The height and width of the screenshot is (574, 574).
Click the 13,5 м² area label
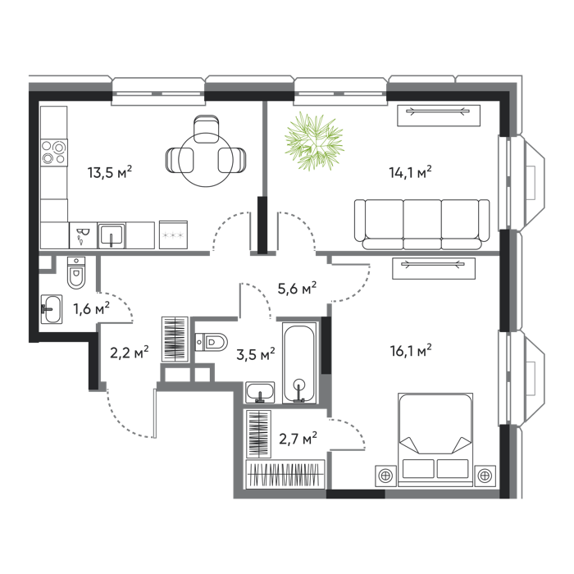[x=109, y=171]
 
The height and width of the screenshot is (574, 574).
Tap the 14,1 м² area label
[x=410, y=171]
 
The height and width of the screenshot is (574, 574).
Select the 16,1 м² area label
[x=410, y=350]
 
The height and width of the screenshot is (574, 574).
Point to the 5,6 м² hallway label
[x=297, y=289]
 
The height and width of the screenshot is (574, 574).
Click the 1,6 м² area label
[x=92, y=308]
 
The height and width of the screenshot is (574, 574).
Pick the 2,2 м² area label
[x=130, y=352]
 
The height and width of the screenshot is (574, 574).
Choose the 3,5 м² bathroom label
[x=256, y=354]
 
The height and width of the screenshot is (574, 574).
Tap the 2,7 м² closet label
[x=298, y=438]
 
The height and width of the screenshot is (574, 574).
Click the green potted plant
[x=314, y=141]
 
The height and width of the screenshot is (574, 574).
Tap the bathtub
[x=299, y=363]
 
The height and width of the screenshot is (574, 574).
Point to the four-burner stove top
[x=54, y=153]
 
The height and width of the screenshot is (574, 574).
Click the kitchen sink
[x=112, y=235]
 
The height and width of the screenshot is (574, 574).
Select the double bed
[x=435, y=440]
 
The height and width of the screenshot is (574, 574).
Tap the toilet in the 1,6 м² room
[x=76, y=273]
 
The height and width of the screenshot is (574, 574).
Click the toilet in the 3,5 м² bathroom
[x=212, y=342]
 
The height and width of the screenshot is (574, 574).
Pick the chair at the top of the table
[x=207, y=129]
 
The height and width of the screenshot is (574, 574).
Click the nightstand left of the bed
[x=386, y=476]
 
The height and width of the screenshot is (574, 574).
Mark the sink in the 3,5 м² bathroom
[x=260, y=393]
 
